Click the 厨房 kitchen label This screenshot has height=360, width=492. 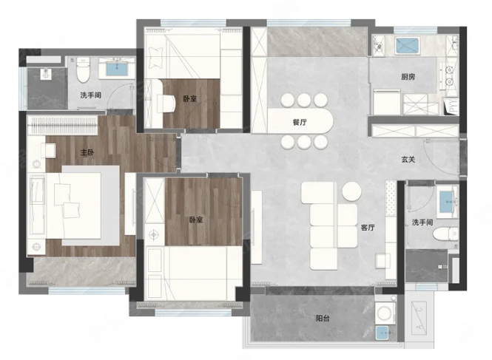click(408, 77)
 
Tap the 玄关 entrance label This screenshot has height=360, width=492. click(408, 160)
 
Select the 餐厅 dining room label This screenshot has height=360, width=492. click(300, 122)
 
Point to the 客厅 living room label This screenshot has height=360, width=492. click(368, 228)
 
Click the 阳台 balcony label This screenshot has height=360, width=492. click(323, 319)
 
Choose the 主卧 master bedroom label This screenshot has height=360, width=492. click(87, 152)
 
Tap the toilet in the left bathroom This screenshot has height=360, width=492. click(83, 69)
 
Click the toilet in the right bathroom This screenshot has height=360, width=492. click(445, 234)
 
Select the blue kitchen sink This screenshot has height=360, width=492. click(407, 46)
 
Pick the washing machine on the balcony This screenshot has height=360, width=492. click(385, 313)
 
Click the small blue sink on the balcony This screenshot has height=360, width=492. click(382, 333)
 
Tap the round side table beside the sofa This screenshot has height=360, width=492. click(351, 191)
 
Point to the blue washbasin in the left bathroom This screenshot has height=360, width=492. click(117, 69)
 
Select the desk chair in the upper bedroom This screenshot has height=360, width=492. click(166, 103)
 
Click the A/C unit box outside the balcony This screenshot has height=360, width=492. click(419, 316)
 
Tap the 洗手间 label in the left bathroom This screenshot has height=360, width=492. click(91, 95)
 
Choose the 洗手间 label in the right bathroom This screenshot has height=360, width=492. click(422, 223)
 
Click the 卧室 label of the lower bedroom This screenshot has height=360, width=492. click(196, 220)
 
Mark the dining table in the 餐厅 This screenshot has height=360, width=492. click(300, 121)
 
